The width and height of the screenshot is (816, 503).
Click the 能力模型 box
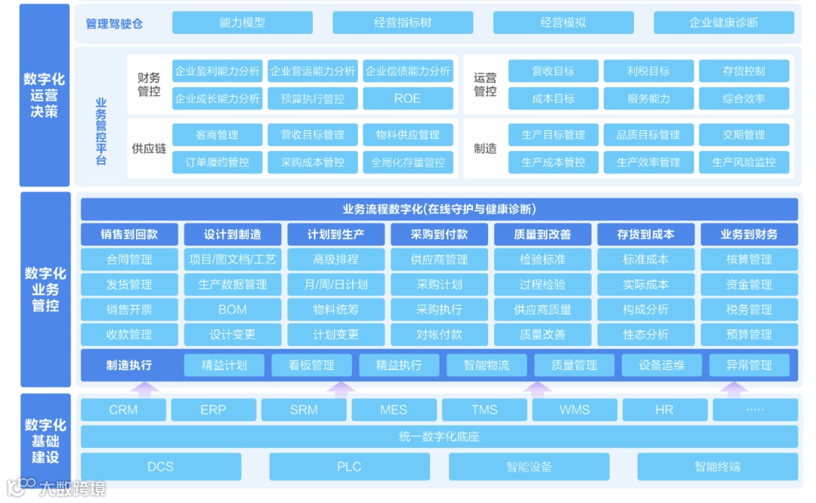pyautogui.click(x=243, y=23)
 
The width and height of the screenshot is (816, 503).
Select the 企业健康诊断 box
pyautogui.click(x=723, y=23)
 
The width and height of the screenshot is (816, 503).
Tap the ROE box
pyautogui.click(x=407, y=98)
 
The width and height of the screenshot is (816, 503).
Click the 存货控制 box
pyautogui.click(x=743, y=71)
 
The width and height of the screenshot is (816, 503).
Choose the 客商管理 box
pyautogui.click(x=217, y=134)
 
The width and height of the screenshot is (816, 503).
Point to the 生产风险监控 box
pyautogui.click(x=743, y=162)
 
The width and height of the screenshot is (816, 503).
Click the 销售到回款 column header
pyautogui.click(x=129, y=234)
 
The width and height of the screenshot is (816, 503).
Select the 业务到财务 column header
pyautogui.click(x=749, y=234)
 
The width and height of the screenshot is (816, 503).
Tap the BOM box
pyautogui.click(x=233, y=309)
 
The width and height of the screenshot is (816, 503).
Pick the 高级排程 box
pyautogui.click(x=335, y=259)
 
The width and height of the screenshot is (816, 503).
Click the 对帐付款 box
pyautogui.click(x=439, y=334)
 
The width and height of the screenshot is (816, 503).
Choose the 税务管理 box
pyautogui.click(x=749, y=309)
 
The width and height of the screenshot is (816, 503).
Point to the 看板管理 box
pyautogui.click(x=311, y=365)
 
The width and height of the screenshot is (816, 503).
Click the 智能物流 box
pyautogui.click(x=487, y=365)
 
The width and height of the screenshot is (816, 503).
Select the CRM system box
pyautogui.click(x=123, y=409)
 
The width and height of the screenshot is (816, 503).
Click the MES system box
pyautogui.click(x=393, y=409)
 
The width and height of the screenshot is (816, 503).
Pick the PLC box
pyautogui.click(x=349, y=466)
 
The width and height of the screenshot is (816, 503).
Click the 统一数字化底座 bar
pyautogui.click(x=439, y=437)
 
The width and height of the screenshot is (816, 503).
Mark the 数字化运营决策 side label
pyautogui.click(x=45, y=94)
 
